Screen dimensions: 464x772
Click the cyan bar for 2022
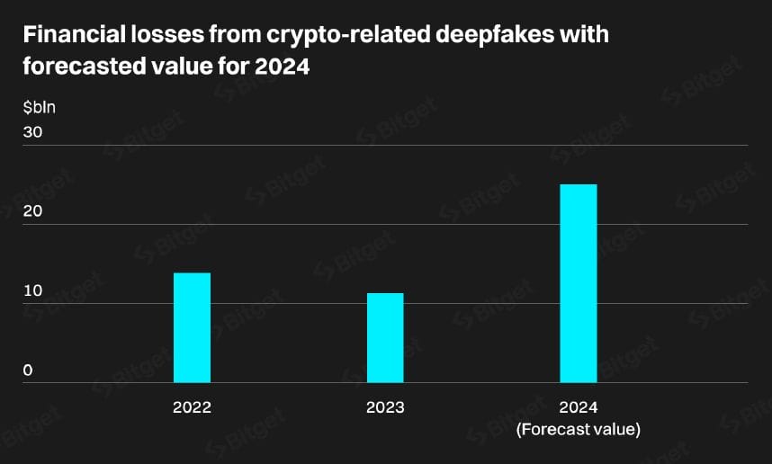[x=192, y=327]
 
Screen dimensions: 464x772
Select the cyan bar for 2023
[x=385, y=337]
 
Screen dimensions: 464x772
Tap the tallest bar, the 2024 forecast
[x=579, y=283]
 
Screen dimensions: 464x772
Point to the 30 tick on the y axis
[x=33, y=132]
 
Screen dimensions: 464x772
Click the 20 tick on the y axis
[x=33, y=211]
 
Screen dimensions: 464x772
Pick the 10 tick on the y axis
[x=33, y=290]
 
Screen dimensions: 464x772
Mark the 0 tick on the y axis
[x=28, y=370]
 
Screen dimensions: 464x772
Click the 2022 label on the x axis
[x=192, y=407]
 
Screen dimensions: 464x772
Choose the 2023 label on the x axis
[x=385, y=407]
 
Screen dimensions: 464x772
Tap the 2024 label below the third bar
[x=579, y=407]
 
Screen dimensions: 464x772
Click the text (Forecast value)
[x=579, y=430]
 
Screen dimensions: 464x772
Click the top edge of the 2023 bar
[x=385, y=294]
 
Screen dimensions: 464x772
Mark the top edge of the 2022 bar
[x=192, y=273]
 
